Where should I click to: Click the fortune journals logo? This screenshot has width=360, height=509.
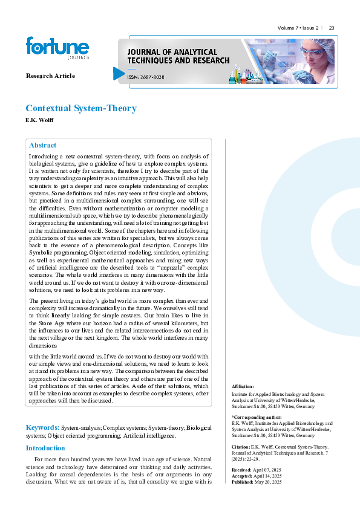pos(57,48)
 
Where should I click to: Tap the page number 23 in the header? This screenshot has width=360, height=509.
pos(332,28)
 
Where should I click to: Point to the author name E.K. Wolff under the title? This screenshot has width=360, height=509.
pos(39,120)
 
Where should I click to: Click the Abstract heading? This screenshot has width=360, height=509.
pos(43,145)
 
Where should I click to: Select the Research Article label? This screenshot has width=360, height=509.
pos(50,76)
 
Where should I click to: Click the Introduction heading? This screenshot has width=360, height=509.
pos(45,448)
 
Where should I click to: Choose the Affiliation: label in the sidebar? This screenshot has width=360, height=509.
pos(243,386)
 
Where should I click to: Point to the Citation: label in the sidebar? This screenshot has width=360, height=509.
pos(243,446)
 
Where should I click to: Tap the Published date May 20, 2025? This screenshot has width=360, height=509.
pos(270,482)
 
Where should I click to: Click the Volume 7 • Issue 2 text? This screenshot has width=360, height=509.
pos(298,28)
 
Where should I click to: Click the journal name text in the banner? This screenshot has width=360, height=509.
pos(178,56)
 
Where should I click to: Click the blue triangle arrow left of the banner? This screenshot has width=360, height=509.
pos(118,74)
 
